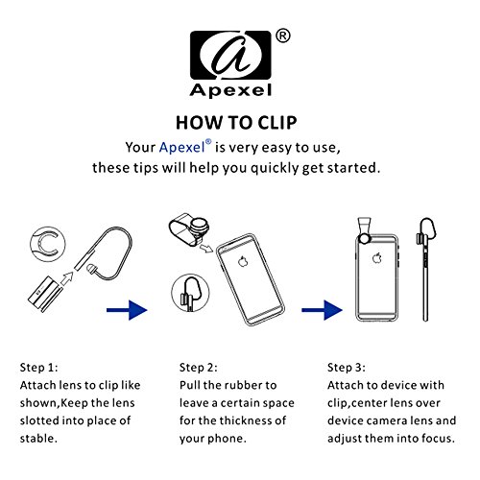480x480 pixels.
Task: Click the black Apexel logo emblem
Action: [230, 55]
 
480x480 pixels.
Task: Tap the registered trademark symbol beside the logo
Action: [283, 36]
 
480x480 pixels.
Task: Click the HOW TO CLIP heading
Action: [236, 123]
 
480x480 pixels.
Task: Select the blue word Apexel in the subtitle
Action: [181, 148]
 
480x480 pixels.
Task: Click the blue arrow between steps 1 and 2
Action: [127, 310]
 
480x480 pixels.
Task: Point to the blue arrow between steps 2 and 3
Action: [322, 310]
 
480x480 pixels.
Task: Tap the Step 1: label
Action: [39, 368]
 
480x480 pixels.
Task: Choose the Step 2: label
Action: [199, 368]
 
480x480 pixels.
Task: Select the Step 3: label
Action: [347, 368]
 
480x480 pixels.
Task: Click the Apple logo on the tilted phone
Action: [243, 261]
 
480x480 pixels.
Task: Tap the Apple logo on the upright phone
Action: [377, 257]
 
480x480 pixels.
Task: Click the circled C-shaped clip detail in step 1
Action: [48, 245]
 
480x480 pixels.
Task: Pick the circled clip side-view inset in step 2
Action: [190, 293]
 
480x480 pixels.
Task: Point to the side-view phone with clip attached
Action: [425, 270]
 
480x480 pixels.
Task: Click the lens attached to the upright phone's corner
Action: [364, 238]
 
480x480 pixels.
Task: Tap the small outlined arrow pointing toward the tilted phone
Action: [205, 248]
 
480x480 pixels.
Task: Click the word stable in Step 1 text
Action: [38, 438]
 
